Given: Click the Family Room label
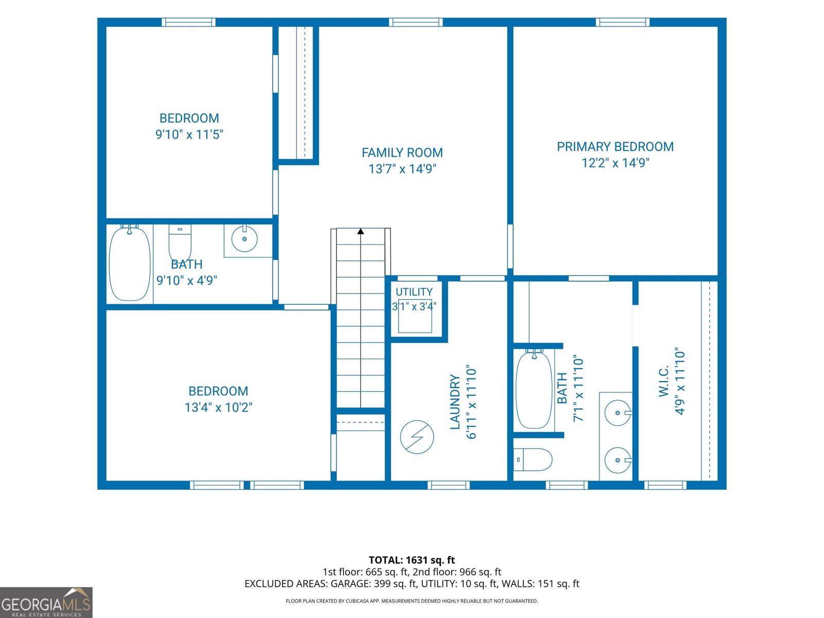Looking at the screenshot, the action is click(402, 153).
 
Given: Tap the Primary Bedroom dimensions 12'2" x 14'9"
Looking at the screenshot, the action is click(615, 163).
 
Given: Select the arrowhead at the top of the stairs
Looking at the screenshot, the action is click(360, 231).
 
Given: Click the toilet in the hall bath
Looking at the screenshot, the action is click(180, 242).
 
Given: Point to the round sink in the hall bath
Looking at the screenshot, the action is click(245, 238).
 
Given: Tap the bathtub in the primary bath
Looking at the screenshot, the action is click(534, 389).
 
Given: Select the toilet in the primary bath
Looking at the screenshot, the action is click(533, 459).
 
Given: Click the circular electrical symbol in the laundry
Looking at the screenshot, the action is click(417, 437).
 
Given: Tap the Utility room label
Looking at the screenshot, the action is click(414, 292).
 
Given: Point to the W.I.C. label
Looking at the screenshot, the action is click(664, 382).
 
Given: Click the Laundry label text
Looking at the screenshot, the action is click(455, 402).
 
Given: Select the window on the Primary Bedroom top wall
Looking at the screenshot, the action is click(623, 22).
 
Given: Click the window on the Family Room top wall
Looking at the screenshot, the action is click(416, 22).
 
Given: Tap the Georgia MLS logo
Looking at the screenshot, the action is click(46, 602).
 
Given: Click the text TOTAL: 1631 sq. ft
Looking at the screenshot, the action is click(411, 560).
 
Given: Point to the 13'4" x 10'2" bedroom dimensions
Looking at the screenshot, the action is click(218, 407).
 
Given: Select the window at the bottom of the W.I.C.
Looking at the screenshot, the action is click(665, 485).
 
